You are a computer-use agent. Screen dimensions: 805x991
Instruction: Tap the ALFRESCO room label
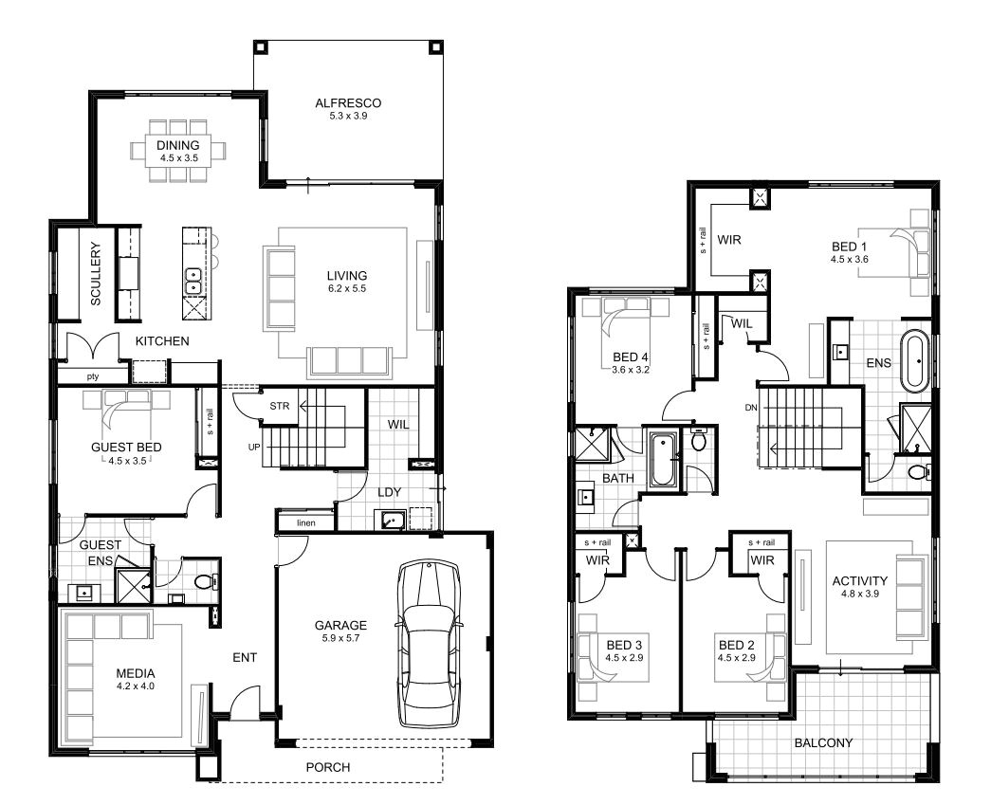348,103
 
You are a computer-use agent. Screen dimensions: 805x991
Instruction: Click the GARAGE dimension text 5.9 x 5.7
340,639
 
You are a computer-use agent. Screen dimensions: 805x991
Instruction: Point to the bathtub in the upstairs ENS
916,359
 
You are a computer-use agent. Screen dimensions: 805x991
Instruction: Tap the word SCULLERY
96,274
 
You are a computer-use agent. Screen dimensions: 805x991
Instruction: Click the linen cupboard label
305,522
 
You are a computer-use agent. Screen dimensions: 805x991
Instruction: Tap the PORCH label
327,766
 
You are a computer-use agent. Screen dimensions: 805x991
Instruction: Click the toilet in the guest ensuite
203,581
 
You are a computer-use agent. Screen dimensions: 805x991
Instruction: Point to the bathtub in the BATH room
661,460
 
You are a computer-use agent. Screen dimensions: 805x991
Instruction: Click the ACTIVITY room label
859,581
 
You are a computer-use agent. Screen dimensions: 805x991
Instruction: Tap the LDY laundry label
388,492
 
